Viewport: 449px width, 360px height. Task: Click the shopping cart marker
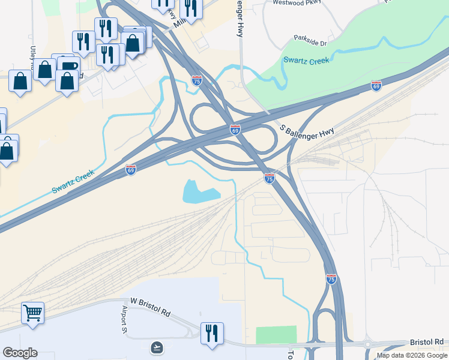[x=32, y=313]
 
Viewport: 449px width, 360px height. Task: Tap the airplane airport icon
[x=157, y=347]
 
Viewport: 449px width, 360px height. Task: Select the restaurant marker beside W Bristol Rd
[x=211, y=333]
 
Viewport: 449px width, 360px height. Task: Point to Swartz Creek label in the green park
[x=306, y=61]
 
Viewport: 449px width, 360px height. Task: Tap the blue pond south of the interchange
[x=200, y=192]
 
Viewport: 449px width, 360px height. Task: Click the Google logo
[x=20, y=353]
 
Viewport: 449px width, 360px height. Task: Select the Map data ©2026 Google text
[x=412, y=355]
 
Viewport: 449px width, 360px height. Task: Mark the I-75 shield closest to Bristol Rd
[x=331, y=279]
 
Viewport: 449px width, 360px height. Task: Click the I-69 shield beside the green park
[x=376, y=86]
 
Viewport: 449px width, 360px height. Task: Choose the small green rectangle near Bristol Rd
[x=276, y=334]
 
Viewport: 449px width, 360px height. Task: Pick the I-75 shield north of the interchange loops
[x=197, y=80]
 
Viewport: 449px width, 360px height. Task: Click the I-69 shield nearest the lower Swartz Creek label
[x=131, y=170]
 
